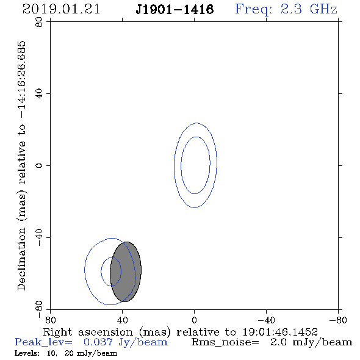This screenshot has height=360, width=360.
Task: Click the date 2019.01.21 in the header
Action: [61, 9]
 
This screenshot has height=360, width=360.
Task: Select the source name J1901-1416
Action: [175, 10]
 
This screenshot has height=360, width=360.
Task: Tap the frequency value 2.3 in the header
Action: [291, 9]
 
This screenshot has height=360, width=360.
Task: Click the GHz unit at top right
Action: [323, 9]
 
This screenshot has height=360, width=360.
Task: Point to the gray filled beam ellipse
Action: [126, 272]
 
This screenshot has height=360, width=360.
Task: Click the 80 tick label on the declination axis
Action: [39, 22]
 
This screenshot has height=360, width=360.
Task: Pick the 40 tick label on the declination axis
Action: [39, 94]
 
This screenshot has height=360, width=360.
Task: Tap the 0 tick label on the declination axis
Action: [39, 165]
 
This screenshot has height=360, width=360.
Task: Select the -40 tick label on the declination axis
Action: [39, 237]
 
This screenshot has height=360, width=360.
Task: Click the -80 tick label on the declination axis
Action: [39, 309]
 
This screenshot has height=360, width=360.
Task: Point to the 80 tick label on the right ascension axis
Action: [50, 320]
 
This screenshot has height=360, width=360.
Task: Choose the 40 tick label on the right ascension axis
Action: [123, 320]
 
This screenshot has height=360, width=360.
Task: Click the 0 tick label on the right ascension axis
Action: [195, 320]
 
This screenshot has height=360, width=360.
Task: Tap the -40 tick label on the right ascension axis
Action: [266, 320]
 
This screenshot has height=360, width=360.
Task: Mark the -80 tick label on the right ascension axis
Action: [338, 320]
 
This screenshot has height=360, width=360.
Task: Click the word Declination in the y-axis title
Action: [21, 259]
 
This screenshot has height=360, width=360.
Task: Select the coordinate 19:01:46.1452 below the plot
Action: [280, 332]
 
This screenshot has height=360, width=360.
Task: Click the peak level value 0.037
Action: [98, 342]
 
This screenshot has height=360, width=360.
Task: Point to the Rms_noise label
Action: [225, 342]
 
